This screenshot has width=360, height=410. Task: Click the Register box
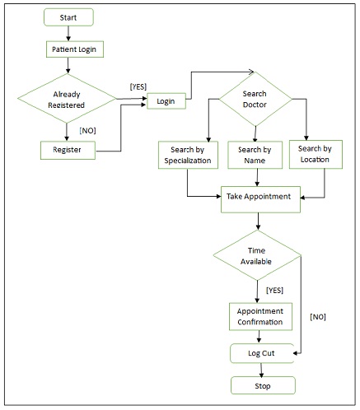(x=67, y=151)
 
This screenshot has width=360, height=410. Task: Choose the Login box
(x=165, y=100)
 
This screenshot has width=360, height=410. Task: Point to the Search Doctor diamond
(x=255, y=100)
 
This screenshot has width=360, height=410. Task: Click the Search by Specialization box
(x=188, y=155)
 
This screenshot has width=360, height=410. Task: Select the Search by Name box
(x=255, y=155)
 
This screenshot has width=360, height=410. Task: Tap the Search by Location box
(x=316, y=153)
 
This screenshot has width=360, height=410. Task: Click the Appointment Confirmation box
(x=259, y=316)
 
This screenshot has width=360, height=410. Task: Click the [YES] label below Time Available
(x=274, y=290)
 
